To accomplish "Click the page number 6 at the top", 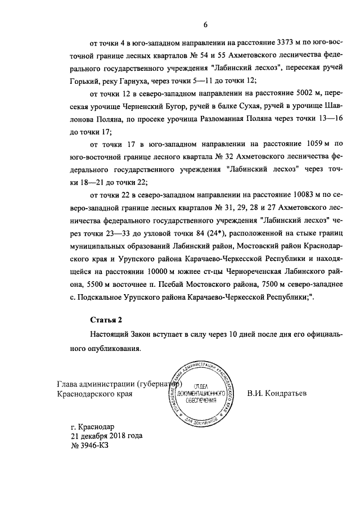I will (x=206, y=24).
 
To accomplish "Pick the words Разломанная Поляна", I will (x=233, y=120).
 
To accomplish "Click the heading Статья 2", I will (x=107, y=320).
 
